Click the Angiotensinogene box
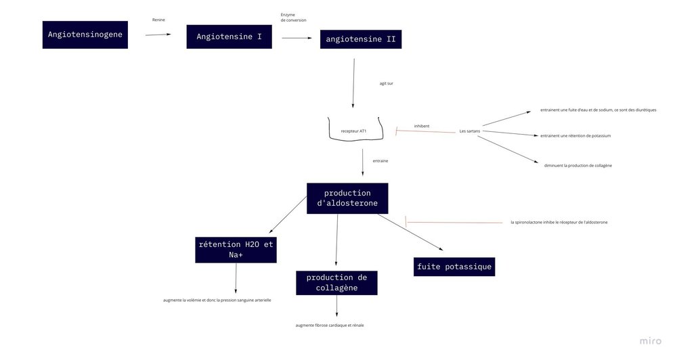85,35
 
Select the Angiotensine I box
229,36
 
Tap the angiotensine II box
360,39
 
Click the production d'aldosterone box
347,198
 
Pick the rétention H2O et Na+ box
236,250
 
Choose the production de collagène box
336,283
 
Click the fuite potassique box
454,267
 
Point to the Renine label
158,20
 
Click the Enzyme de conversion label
293,17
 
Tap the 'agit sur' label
386,83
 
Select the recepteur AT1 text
353,130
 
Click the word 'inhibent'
422,125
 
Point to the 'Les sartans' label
469,131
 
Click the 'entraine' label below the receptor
380,161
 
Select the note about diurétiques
598,110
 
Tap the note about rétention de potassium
575,135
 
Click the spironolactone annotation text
559,222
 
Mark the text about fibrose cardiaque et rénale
330,325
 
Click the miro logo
651,341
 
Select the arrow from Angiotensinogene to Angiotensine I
158,34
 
